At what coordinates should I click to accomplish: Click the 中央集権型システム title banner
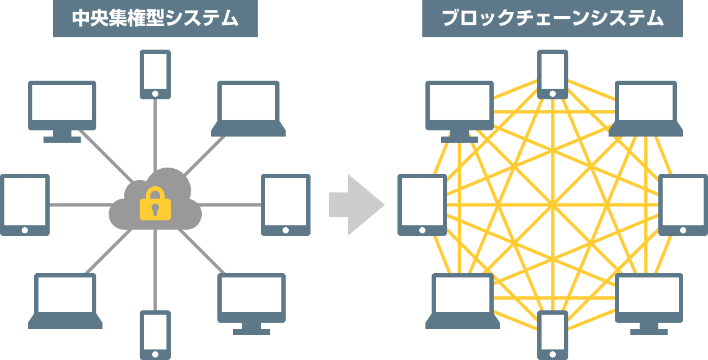coord(155,19)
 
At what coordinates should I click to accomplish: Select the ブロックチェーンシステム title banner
coord(552,19)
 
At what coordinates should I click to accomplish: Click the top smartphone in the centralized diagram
coord(155,73)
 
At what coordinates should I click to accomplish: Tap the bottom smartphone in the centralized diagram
coord(155,334)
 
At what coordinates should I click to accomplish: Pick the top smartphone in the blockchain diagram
coord(552,73)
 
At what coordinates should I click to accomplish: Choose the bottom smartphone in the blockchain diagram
coord(552,334)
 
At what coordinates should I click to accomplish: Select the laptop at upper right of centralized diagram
coord(248,107)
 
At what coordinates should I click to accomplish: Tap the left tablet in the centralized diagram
coord(25,204)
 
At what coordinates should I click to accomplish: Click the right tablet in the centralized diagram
coord(285,204)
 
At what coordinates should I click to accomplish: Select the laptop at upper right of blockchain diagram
coord(646,107)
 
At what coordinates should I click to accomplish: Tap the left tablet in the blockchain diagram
coord(422,204)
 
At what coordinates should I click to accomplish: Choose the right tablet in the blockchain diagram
coord(683,204)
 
